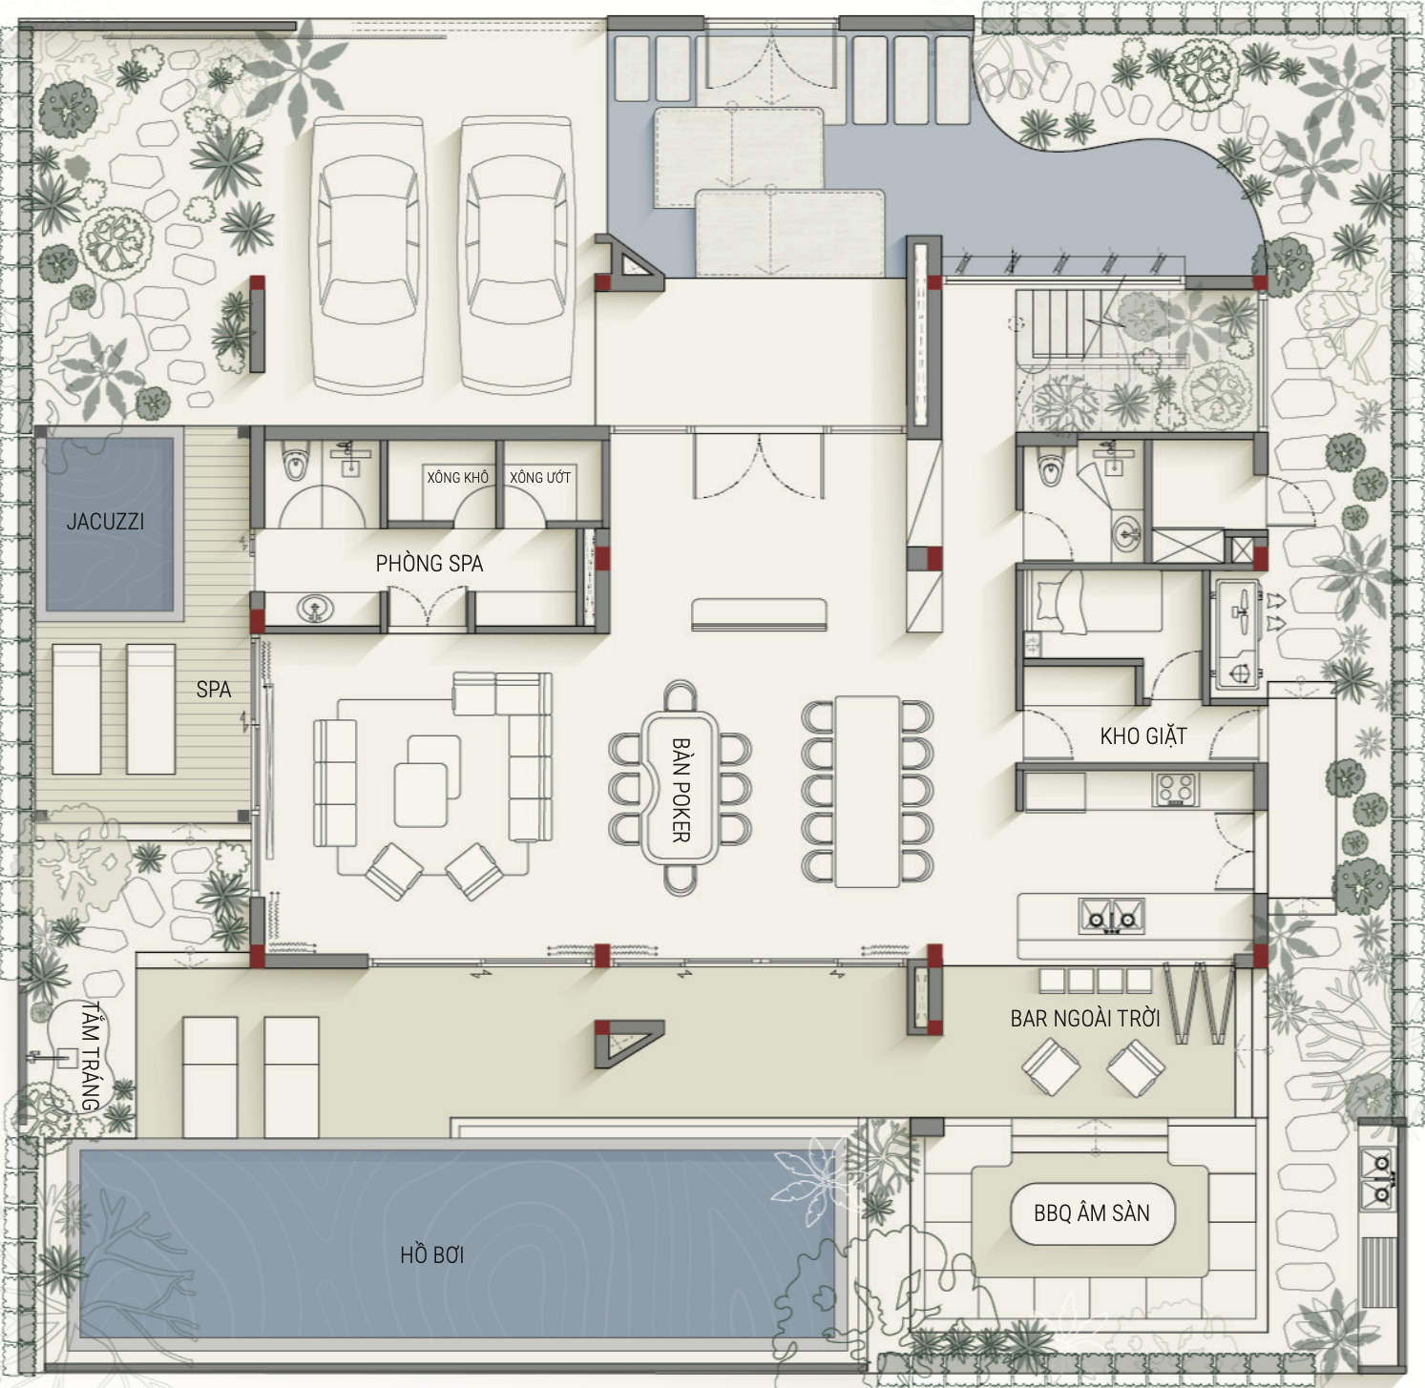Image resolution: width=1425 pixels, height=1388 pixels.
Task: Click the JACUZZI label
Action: (105, 522)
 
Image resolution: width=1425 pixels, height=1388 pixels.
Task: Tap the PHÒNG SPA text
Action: (430, 564)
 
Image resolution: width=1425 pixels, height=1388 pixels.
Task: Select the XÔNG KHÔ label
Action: (457, 477)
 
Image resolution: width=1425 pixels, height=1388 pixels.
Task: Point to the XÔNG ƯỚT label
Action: (540, 477)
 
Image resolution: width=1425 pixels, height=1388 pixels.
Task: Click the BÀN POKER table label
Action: (681, 789)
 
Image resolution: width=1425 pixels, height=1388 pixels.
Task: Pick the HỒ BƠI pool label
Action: (432, 1254)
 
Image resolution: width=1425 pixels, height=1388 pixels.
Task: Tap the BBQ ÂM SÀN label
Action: (1092, 1213)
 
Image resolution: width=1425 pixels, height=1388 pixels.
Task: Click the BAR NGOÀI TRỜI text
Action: (1085, 1019)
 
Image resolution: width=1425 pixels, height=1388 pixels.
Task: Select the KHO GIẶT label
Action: (1143, 736)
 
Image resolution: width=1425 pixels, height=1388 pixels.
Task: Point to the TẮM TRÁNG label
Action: (91, 1055)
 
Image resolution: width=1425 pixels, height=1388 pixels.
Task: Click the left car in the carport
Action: (368, 255)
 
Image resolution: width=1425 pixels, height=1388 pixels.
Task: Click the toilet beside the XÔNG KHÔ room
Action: (296, 464)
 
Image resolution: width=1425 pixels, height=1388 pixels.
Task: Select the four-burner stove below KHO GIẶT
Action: (1175, 790)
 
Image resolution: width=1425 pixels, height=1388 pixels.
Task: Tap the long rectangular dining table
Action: (868, 792)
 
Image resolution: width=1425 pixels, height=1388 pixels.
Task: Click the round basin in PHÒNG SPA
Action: (315, 609)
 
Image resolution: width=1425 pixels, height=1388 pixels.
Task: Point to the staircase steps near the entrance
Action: (1058, 325)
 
